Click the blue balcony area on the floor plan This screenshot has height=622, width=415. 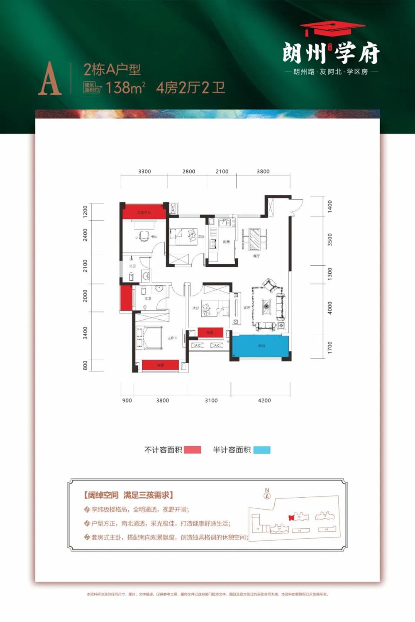point(261,346)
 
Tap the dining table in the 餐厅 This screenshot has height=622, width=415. point(254,239)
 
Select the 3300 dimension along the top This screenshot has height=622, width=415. point(144,171)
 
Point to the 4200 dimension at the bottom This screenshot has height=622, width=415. point(264,400)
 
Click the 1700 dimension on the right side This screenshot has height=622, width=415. point(330,347)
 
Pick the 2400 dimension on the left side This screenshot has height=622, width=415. point(85,235)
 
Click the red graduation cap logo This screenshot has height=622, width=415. point(332,29)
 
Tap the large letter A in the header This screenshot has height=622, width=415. point(50,79)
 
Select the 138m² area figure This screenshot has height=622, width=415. point(125,87)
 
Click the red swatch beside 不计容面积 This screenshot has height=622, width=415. point(192,450)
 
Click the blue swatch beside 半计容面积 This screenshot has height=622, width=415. point(262,450)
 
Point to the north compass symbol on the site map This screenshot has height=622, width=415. point(267,493)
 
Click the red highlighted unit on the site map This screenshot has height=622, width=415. point(292,517)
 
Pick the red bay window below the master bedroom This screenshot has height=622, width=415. point(160,365)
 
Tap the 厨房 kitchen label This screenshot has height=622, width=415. point(226,242)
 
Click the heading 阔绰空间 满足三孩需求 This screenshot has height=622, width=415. point(128,495)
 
